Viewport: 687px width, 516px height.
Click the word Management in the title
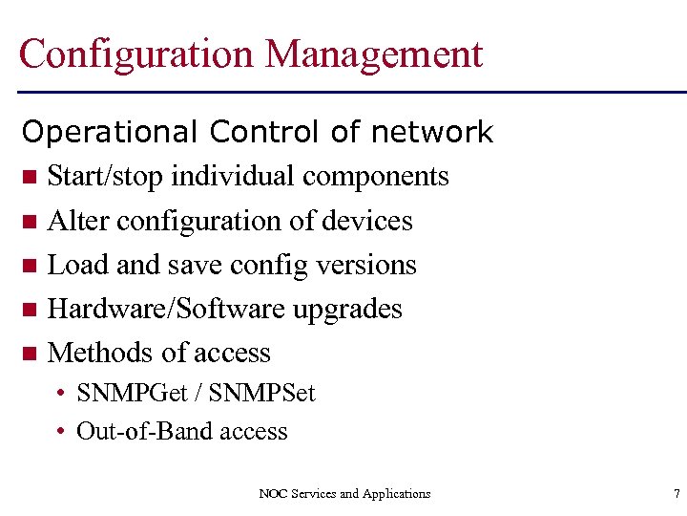[x=374, y=54]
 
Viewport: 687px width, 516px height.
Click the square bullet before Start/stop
[x=31, y=177]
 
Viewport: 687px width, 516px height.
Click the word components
[x=375, y=177]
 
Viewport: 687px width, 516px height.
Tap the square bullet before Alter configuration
[x=31, y=222]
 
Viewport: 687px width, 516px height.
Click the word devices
[x=366, y=221]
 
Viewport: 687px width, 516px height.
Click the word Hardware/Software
[x=166, y=309]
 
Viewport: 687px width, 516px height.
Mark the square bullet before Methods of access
[x=31, y=354]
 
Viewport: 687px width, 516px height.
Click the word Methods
[x=99, y=353]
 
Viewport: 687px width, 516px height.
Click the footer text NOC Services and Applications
[x=344, y=493]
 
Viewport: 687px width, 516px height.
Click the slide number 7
[x=676, y=493]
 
